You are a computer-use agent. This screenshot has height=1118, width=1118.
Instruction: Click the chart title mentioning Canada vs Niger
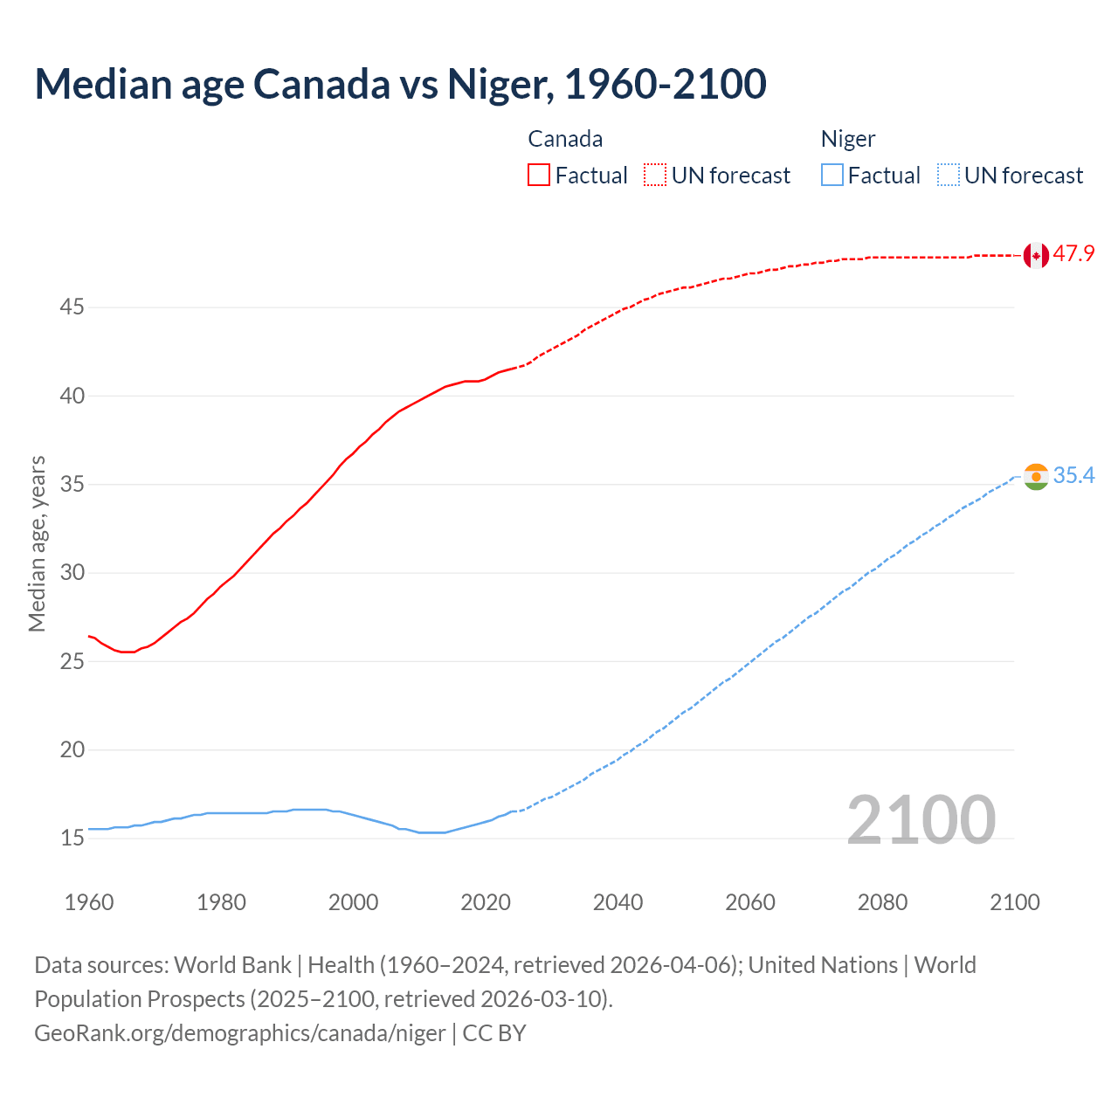pos(400,84)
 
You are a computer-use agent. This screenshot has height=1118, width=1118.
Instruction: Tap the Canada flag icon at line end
pos(1036,255)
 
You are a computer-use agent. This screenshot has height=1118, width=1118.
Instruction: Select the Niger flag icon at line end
pos(1036,476)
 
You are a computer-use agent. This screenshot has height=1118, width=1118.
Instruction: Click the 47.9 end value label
pos(1073,254)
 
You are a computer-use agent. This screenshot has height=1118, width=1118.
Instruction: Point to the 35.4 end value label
pos(1073,475)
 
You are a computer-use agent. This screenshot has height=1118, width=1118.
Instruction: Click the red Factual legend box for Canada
pos(539,176)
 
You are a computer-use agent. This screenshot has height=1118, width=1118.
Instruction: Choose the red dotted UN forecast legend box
pos(655,176)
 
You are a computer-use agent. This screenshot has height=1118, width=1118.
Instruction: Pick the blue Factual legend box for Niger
pos(832,176)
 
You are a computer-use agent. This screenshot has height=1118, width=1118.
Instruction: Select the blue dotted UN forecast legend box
pos(949,176)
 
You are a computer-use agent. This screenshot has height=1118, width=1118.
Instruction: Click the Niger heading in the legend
pos(847,139)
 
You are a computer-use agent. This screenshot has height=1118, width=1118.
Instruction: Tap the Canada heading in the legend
pos(565,139)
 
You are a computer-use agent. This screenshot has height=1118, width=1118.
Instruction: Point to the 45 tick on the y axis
pos(72,307)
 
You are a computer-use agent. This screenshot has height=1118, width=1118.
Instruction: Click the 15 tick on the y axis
pos(72,838)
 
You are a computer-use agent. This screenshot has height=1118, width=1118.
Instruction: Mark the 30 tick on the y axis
pos(72,573)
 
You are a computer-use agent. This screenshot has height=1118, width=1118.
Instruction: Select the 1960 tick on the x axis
pos(89,902)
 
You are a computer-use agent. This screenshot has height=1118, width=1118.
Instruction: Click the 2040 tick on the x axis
pos(618,902)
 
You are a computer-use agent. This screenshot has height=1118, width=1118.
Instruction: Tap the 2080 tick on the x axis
pos(882,902)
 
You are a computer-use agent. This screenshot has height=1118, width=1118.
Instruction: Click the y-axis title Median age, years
pos(37,543)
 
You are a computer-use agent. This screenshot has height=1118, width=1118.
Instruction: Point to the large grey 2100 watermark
pos(921,819)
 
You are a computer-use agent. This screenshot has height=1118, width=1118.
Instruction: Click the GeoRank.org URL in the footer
pos(240,1033)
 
